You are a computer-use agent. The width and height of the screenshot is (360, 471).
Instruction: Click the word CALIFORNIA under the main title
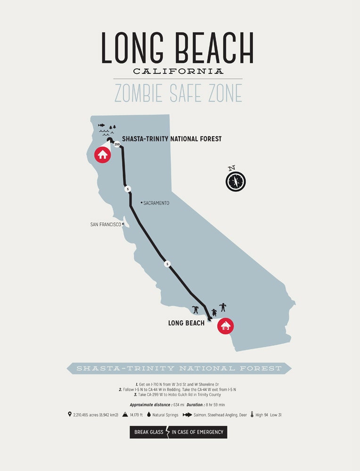pyautogui.click(x=178, y=71)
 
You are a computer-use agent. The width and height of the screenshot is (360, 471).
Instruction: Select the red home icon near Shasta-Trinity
pyautogui.click(x=102, y=154)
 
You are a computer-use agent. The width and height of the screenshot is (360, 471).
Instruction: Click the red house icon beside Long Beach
pyautogui.click(x=225, y=325)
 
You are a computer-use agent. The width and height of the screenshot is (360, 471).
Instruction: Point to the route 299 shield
pyautogui.click(x=117, y=144)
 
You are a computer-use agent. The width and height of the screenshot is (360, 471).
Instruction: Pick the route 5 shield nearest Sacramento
pyautogui.click(x=127, y=189)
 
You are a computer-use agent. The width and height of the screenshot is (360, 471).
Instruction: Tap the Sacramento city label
pyautogui.click(x=156, y=203)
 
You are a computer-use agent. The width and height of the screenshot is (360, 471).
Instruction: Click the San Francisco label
pyautogui.click(x=106, y=225)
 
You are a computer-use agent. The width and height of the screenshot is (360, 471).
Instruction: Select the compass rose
pyautogui.click(x=236, y=181)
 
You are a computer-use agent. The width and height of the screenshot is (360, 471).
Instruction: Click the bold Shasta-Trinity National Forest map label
pyautogui.click(x=172, y=139)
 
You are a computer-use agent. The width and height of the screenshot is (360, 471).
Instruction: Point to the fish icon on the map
pyautogui.click(x=102, y=125)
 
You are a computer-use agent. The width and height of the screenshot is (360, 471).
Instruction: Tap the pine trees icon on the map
pyautogui.click(x=112, y=127)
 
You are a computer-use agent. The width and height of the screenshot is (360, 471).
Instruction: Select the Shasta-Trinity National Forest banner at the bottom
pyautogui.click(x=179, y=368)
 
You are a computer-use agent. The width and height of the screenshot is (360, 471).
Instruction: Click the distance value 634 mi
pyautogui.click(x=178, y=405)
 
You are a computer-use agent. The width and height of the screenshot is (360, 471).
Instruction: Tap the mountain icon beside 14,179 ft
pyautogui.click(x=125, y=415)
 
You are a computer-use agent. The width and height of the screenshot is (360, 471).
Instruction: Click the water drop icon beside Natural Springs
pyautogui.click(x=149, y=415)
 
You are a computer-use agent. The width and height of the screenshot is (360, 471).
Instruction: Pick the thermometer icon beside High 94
pyautogui.click(x=253, y=415)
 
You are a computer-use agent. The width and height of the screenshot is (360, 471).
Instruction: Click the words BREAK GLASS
pyautogui.click(x=147, y=432)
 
